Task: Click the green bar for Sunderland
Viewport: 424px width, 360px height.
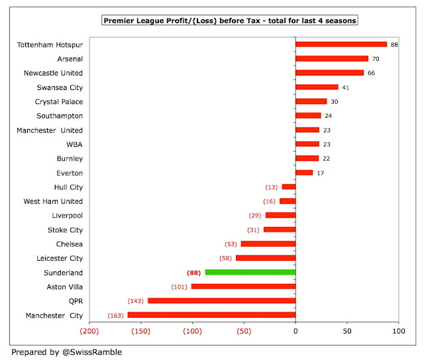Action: click(250, 272)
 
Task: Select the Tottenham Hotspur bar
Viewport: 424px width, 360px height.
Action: click(341, 44)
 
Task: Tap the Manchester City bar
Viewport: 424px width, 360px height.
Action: click(211, 315)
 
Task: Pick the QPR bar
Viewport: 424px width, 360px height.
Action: click(221, 300)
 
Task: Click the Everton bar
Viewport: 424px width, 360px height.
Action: click(304, 173)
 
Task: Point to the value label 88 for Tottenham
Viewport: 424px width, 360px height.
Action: click(394, 45)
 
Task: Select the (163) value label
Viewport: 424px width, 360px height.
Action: click(116, 315)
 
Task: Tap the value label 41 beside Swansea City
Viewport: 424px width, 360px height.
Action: click(345, 87)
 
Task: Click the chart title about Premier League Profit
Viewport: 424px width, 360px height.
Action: click(230, 21)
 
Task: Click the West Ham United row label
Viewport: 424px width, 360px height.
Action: click(54, 201)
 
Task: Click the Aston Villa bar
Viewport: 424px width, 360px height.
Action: click(243, 287)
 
